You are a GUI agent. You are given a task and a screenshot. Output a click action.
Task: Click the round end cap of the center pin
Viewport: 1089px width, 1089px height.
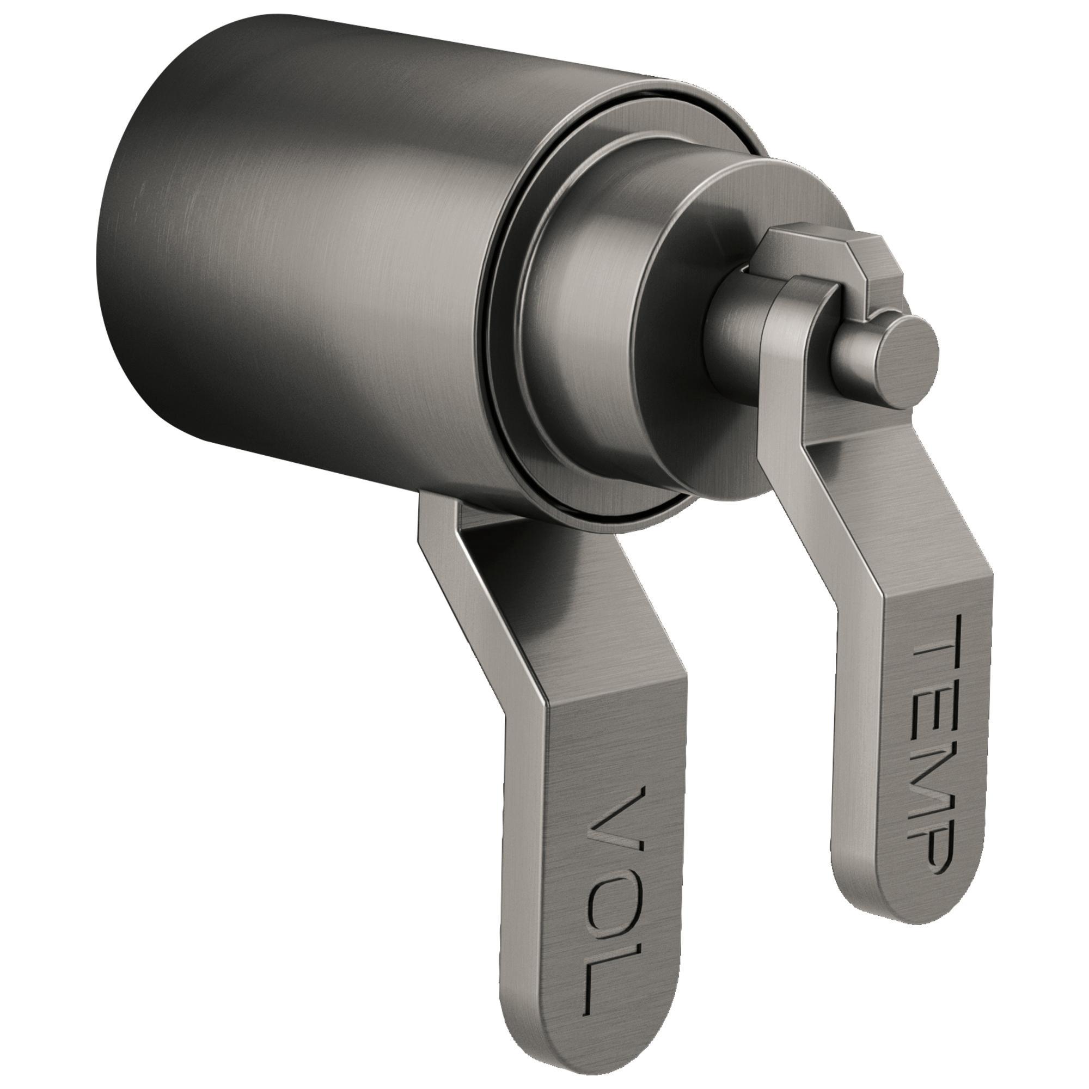point(912,359)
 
